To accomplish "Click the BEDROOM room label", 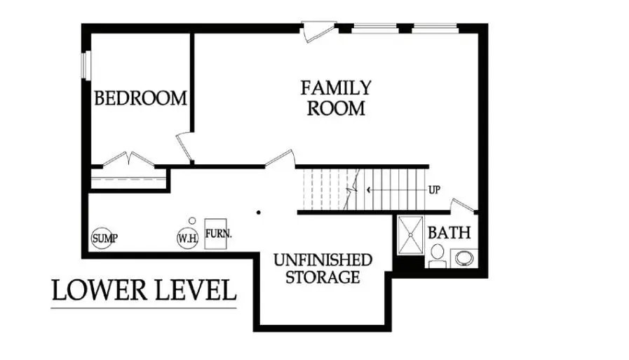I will (x=141, y=98).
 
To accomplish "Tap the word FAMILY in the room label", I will (x=336, y=88).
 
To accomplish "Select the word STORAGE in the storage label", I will (x=323, y=277).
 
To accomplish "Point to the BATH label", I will (x=449, y=232).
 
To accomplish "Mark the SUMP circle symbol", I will (x=104, y=238).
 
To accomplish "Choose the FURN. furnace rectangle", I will (x=219, y=232).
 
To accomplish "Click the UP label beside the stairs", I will (x=435, y=189).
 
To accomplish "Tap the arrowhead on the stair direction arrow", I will (x=369, y=189).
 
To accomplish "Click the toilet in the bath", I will (x=438, y=255).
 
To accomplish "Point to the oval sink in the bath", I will (x=464, y=258).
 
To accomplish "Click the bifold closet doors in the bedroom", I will (x=128, y=159).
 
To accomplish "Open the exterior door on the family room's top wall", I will (x=317, y=32).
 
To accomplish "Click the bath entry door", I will (x=464, y=206).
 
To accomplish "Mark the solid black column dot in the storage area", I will (x=258, y=212).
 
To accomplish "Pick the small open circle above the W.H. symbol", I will (x=191, y=220).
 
